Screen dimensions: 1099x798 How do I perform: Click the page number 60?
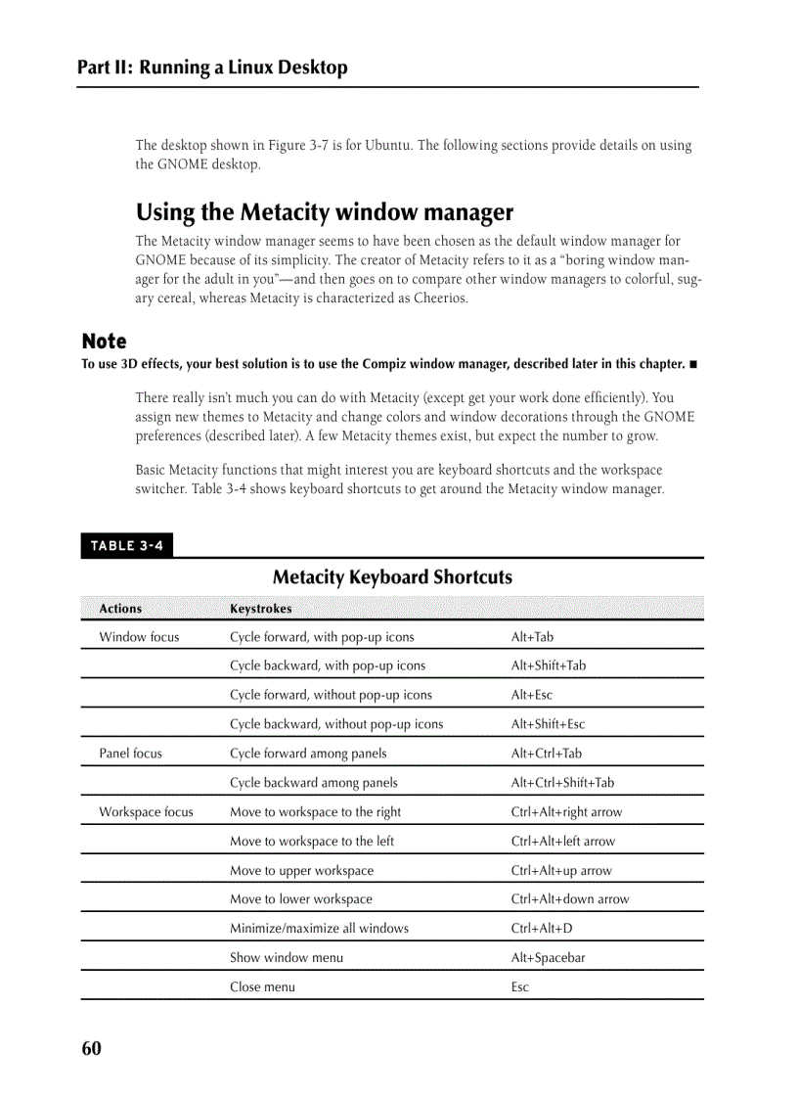[x=91, y=1049]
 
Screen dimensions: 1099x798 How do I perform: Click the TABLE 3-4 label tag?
[x=126, y=546]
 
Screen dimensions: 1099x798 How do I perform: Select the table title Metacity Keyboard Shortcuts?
[x=392, y=576]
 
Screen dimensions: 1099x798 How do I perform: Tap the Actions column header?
[x=120, y=609]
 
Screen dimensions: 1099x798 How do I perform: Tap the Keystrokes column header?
[x=260, y=609]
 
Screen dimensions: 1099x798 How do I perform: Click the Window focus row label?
[x=139, y=637]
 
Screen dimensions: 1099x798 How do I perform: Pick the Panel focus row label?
[x=130, y=754]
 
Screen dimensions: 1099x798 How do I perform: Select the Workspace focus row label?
[x=146, y=812]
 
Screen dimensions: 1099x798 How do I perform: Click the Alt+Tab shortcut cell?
[x=532, y=637]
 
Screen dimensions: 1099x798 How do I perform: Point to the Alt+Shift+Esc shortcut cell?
[x=548, y=724]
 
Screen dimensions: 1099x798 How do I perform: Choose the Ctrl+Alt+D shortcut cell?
[x=542, y=928]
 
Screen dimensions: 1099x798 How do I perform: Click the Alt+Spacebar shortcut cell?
[x=548, y=957]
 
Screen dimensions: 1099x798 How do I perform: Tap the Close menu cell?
[x=262, y=986]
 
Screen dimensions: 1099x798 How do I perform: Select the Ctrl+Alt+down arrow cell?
[x=570, y=898]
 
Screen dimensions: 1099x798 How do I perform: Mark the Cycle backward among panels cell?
[x=313, y=783]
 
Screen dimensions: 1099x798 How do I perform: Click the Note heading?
[x=104, y=342]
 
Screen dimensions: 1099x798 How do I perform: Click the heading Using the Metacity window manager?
[x=324, y=212]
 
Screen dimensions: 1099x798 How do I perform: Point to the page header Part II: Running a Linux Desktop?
[x=212, y=68]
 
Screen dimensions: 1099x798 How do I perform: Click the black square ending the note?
[x=693, y=365]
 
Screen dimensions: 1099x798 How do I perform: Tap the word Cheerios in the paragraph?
[x=440, y=298]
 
